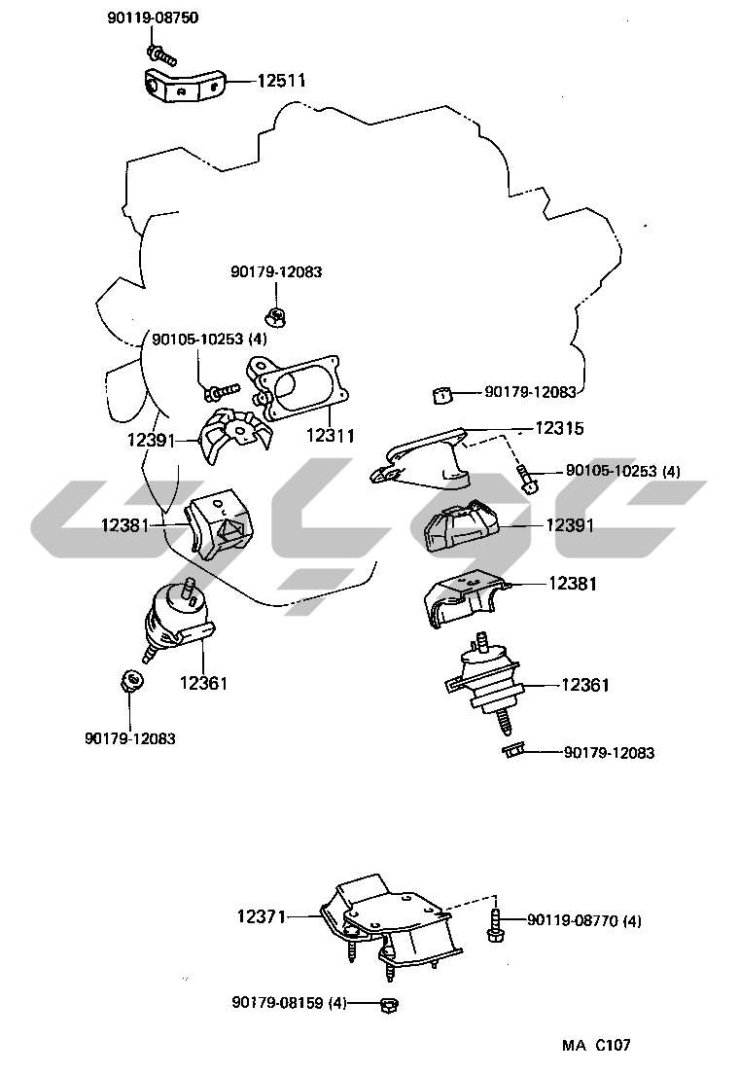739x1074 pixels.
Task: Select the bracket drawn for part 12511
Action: (x=182, y=85)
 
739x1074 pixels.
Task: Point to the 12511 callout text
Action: (x=281, y=81)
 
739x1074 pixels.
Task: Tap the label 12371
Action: (x=262, y=915)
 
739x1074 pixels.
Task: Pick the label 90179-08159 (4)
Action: (x=289, y=1002)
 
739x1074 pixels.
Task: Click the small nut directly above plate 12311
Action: (x=275, y=314)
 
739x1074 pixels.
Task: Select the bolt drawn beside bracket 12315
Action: (x=527, y=479)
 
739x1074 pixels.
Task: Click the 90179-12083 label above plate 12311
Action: (x=276, y=272)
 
